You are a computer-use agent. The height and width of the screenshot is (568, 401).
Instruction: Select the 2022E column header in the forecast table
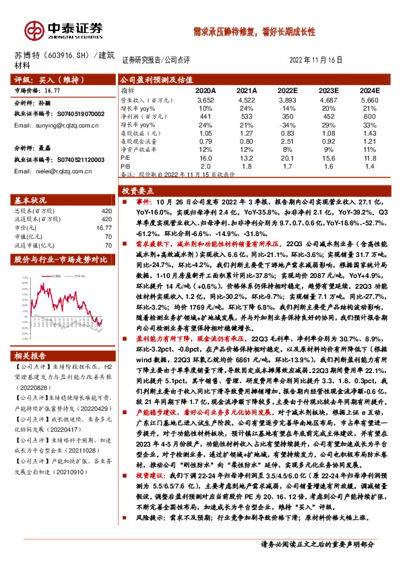(287, 90)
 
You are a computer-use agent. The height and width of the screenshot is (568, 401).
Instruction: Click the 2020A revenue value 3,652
(206, 99)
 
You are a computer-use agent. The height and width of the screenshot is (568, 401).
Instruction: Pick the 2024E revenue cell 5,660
(370, 99)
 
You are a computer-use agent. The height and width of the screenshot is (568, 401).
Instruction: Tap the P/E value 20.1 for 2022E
(287, 159)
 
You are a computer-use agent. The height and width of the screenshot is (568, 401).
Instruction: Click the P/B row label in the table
(126, 166)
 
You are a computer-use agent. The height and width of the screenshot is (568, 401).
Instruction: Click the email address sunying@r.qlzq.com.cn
(57, 125)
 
